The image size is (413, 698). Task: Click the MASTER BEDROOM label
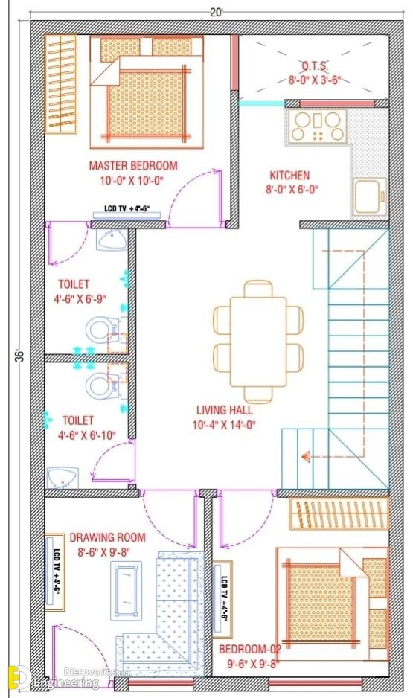click(x=133, y=166)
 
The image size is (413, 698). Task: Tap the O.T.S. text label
click(x=315, y=67)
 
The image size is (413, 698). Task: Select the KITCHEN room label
click(x=289, y=175)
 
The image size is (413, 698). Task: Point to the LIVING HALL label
click(x=224, y=410)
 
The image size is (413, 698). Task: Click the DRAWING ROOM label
click(x=108, y=537)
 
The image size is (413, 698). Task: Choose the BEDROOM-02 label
click(x=250, y=649)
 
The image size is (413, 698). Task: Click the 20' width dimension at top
click(x=217, y=13)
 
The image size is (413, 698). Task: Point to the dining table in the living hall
click(x=258, y=342)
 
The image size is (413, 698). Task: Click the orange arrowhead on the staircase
click(x=306, y=457)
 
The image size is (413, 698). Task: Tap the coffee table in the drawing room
click(x=127, y=591)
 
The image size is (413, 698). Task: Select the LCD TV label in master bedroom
click(x=127, y=208)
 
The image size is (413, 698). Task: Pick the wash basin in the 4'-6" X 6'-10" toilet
click(x=63, y=477)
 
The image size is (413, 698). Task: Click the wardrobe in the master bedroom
click(x=60, y=84)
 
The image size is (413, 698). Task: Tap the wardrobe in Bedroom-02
click(x=339, y=514)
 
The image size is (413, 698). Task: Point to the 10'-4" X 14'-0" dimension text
click(x=224, y=425)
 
